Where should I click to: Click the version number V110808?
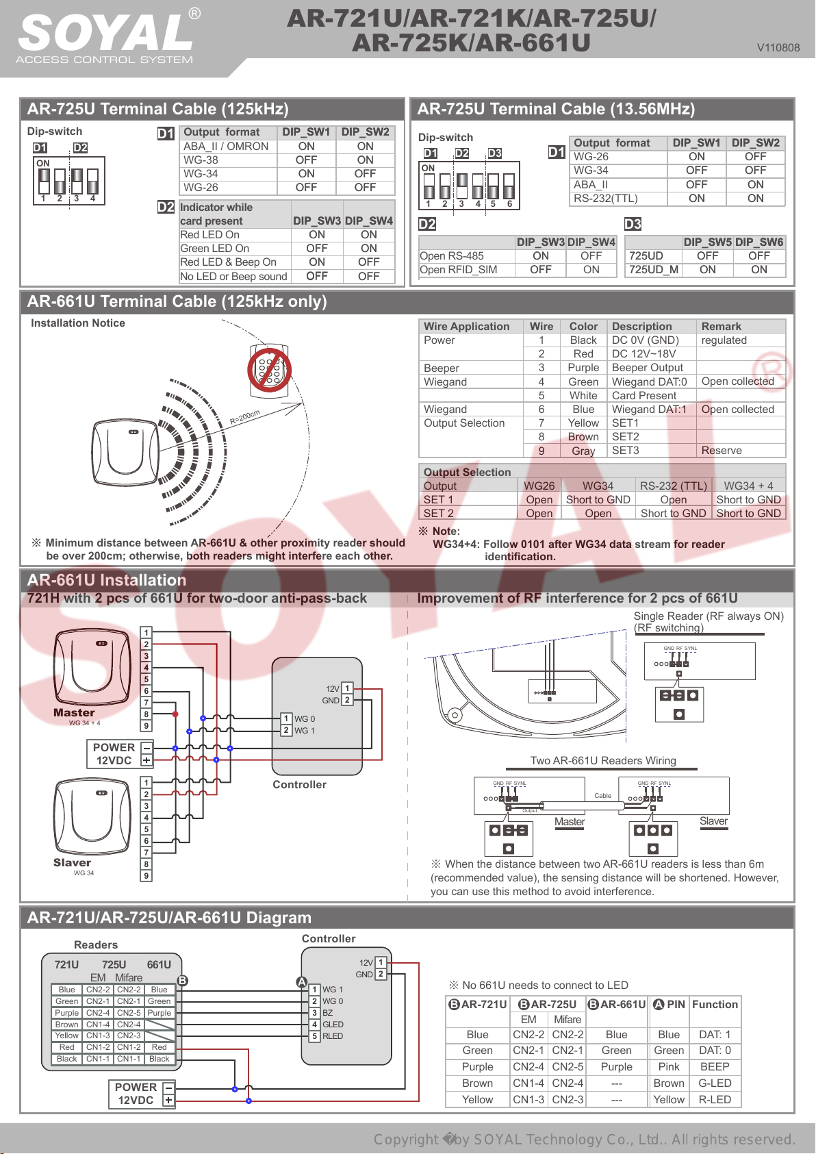[778, 48]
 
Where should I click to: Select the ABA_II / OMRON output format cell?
[226, 147]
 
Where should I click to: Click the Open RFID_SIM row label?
[458, 269]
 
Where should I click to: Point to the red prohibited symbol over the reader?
[269, 370]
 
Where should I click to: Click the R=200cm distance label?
[244, 417]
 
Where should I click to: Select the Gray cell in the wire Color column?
[583, 451]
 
